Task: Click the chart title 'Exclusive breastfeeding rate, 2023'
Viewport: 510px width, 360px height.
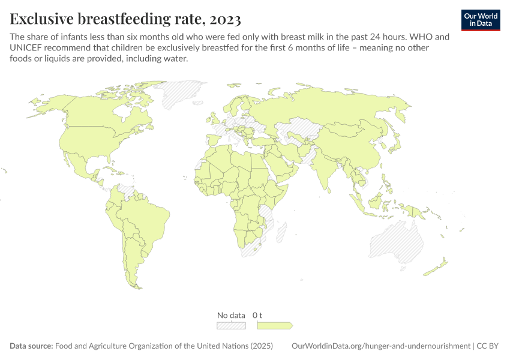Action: click(125, 19)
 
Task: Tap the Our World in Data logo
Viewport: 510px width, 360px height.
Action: click(481, 19)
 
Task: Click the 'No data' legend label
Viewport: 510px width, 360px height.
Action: click(231, 315)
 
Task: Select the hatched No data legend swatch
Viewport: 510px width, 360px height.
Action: click(231, 325)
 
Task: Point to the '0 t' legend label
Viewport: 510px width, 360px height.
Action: click(258, 315)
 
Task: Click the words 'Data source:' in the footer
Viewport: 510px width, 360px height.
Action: click(31, 346)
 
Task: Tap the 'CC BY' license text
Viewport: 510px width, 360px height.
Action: click(489, 346)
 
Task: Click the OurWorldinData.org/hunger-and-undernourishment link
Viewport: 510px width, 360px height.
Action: click(380, 346)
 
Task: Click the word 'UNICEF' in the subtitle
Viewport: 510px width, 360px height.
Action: click(28, 47)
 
